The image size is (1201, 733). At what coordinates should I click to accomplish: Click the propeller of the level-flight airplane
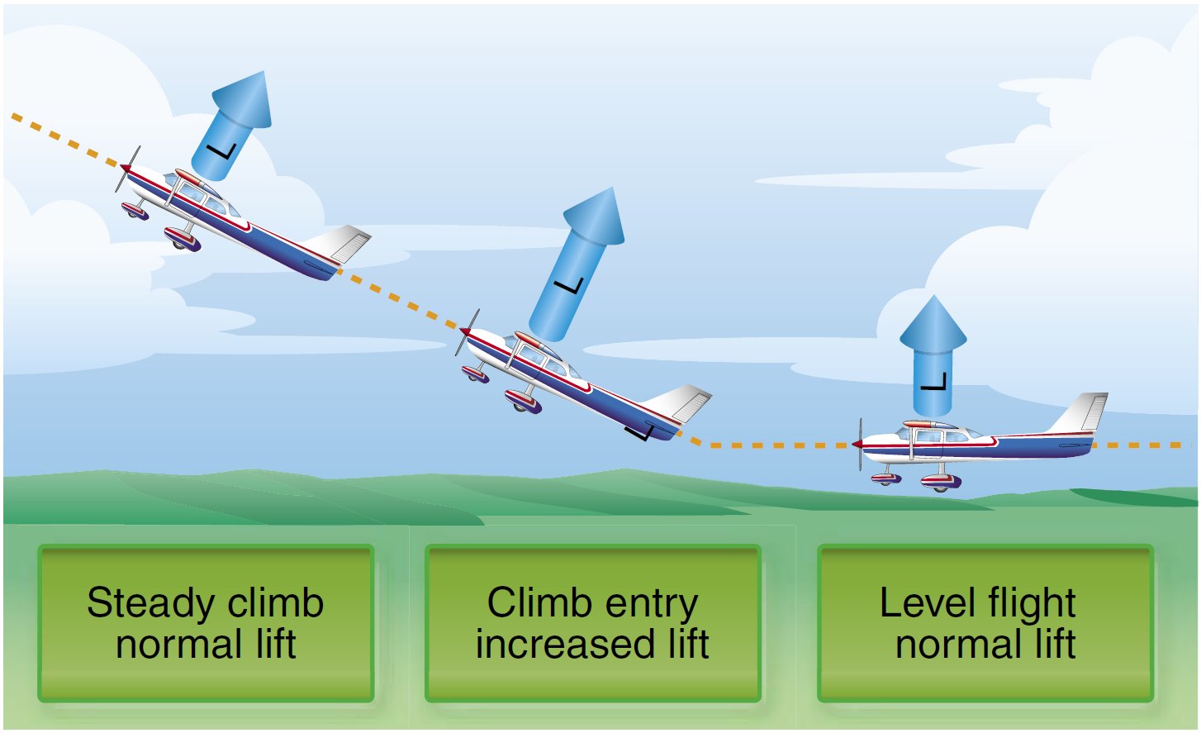tap(860, 444)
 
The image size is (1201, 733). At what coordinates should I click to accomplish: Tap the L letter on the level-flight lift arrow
tap(933, 382)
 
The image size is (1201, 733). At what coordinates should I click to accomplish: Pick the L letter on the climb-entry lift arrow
tap(569, 286)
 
